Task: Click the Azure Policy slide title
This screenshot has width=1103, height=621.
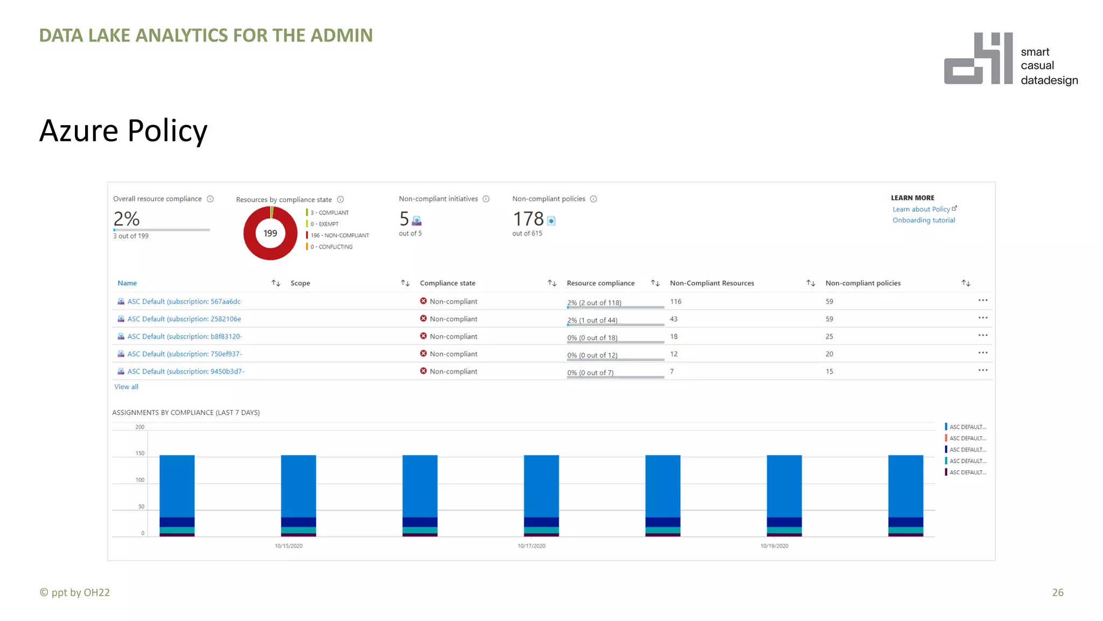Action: tap(123, 131)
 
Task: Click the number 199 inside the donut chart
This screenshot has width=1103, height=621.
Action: tap(270, 233)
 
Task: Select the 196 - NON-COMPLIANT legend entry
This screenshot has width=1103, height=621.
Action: tap(339, 236)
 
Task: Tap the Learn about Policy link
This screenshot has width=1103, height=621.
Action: tap(921, 209)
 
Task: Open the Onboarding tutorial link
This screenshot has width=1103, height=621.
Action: tap(923, 220)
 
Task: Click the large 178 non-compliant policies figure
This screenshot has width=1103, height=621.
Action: tap(528, 219)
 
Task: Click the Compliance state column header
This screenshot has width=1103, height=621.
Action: tap(447, 283)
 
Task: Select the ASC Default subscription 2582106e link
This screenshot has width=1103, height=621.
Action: tap(184, 319)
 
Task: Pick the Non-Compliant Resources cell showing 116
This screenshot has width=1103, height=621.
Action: tap(675, 301)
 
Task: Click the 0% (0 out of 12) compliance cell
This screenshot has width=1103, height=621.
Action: tap(592, 355)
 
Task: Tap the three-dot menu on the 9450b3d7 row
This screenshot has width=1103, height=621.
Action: tap(982, 370)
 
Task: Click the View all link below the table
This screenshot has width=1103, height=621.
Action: tap(126, 387)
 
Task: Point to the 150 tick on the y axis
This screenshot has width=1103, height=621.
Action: tap(140, 453)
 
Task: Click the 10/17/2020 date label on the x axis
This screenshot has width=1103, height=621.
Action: tap(531, 546)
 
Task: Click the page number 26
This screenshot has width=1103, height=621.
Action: tap(1057, 592)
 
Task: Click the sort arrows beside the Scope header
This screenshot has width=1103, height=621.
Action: tap(405, 283)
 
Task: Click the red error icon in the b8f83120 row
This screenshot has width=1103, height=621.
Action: tap(423, 336)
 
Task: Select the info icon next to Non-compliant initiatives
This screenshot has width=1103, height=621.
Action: tap(486, 199)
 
